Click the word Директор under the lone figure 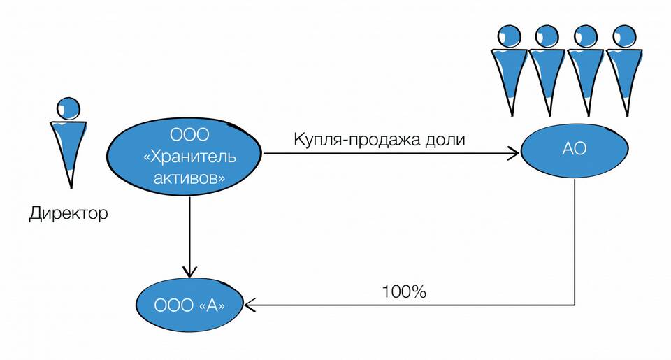click(68, 213)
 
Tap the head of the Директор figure click(68, 108)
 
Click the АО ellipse click(575, 150)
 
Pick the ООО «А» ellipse click(189, 305)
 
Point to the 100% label click(404, 291)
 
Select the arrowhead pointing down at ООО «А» click(189, 271)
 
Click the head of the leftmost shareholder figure click(510, 36)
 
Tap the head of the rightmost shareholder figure click(624, 36)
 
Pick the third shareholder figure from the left click(586, 70)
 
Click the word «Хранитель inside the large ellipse click(189, 157)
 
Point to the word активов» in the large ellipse click(189, 178)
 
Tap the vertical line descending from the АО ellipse click(575, 241)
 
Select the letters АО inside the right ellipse click(575, 148)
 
